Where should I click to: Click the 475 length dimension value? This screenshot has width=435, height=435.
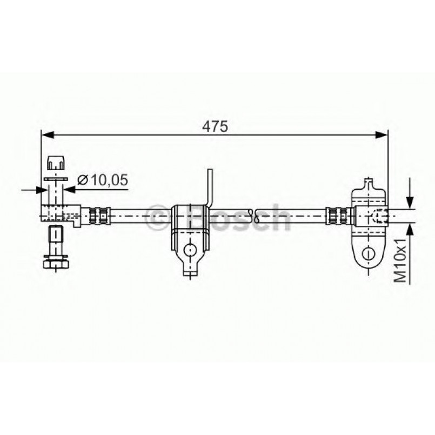click(x=215, y=125)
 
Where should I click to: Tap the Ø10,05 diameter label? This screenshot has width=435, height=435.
click(x=103, y=180)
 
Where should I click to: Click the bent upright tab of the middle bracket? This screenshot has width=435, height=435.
click(x=210, y=186)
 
